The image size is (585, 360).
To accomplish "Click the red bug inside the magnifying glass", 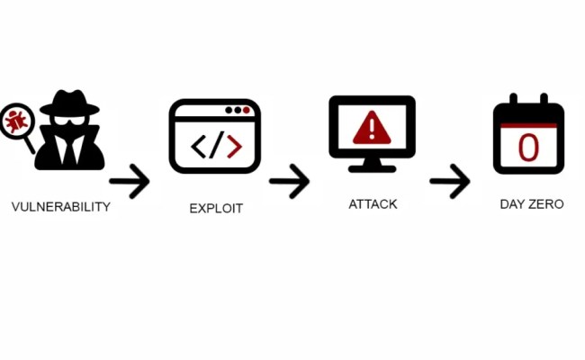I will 15,120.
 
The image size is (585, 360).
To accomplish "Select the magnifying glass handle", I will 30,143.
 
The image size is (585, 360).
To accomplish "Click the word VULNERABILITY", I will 60,207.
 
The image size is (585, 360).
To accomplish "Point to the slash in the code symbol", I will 216,145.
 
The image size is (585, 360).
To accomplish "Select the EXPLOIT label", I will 216,209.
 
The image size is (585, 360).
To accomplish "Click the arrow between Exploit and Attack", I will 289,183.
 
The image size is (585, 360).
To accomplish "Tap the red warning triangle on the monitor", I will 370,129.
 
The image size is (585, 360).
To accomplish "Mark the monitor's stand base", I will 371,168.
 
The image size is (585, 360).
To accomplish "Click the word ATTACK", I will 373,204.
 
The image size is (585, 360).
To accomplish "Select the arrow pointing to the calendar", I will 449,183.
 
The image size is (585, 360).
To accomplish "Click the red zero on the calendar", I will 528,147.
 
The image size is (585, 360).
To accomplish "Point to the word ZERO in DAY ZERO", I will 546,204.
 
